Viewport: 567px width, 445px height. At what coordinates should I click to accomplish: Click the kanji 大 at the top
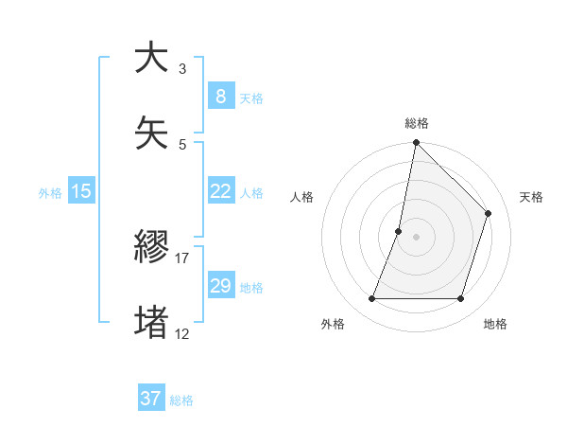[x=151, y=59]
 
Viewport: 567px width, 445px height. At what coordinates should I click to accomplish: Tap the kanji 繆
[x=151, y=248]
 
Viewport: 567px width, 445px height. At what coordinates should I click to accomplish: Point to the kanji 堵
[x=151, y=323]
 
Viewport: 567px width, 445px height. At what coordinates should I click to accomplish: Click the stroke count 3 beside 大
[x=182, y=69]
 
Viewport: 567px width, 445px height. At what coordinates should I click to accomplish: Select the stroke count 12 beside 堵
[x=182, y=333]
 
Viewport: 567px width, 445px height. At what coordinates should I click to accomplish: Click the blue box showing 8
[x=220, y=96]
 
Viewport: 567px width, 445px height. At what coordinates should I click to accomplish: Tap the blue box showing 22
[x=220, y=191]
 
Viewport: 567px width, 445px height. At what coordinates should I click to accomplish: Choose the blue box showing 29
[x=220, y=286]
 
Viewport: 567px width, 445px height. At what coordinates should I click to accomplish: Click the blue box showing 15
[x=81, y=191]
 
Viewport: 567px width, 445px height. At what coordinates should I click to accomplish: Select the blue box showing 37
[x=151, y=399]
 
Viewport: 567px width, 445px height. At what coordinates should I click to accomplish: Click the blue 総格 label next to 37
[x=181, y=400]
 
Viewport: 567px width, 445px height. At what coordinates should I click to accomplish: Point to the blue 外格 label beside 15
[x=50, y=193]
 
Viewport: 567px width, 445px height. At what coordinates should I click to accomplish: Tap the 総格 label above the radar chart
[x=417, y=123]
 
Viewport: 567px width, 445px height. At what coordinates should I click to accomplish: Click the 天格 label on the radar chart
[x=532, y=197]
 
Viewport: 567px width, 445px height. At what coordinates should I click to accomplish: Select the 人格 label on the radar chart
[x=301, y=197]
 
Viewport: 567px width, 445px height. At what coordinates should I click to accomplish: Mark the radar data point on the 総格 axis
[x=416, y=143]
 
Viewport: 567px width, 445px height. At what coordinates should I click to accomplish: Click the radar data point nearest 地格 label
[x=461, y=299]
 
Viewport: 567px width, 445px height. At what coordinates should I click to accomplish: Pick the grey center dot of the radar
[x=416, y=237]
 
